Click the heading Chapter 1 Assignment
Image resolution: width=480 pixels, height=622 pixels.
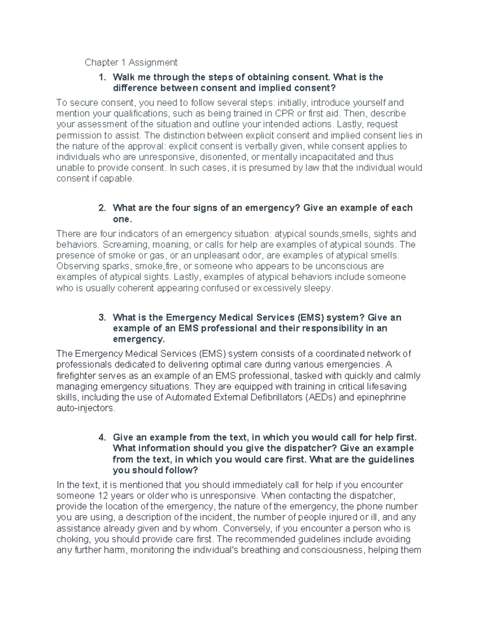[x=131, y=62]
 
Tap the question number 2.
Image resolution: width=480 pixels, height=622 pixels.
[x=102, y=208]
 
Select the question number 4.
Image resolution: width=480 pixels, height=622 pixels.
[x=102, y=437]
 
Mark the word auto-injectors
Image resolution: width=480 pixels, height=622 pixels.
[x=86, y=409]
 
